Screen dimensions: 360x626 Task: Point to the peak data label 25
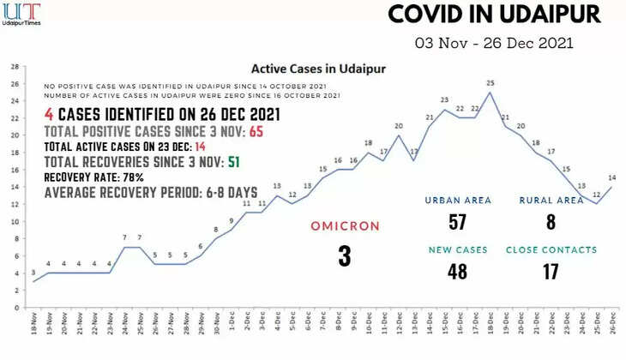pos(490,84)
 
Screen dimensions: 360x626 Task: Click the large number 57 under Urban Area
pos(457,222)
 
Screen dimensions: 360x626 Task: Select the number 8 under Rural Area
pos(551,222)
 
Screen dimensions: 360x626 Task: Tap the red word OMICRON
pos(345,226)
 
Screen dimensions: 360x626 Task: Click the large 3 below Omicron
pos(345,255)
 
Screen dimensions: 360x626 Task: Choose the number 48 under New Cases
pos(457,272)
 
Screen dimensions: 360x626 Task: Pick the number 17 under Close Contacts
pos(551,272)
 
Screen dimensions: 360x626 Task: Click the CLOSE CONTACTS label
pos(551,250)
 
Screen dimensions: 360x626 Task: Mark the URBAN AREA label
pos(458,201)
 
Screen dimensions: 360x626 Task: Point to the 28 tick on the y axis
pos(15,66)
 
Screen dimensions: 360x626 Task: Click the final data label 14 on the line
pos(612,178)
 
